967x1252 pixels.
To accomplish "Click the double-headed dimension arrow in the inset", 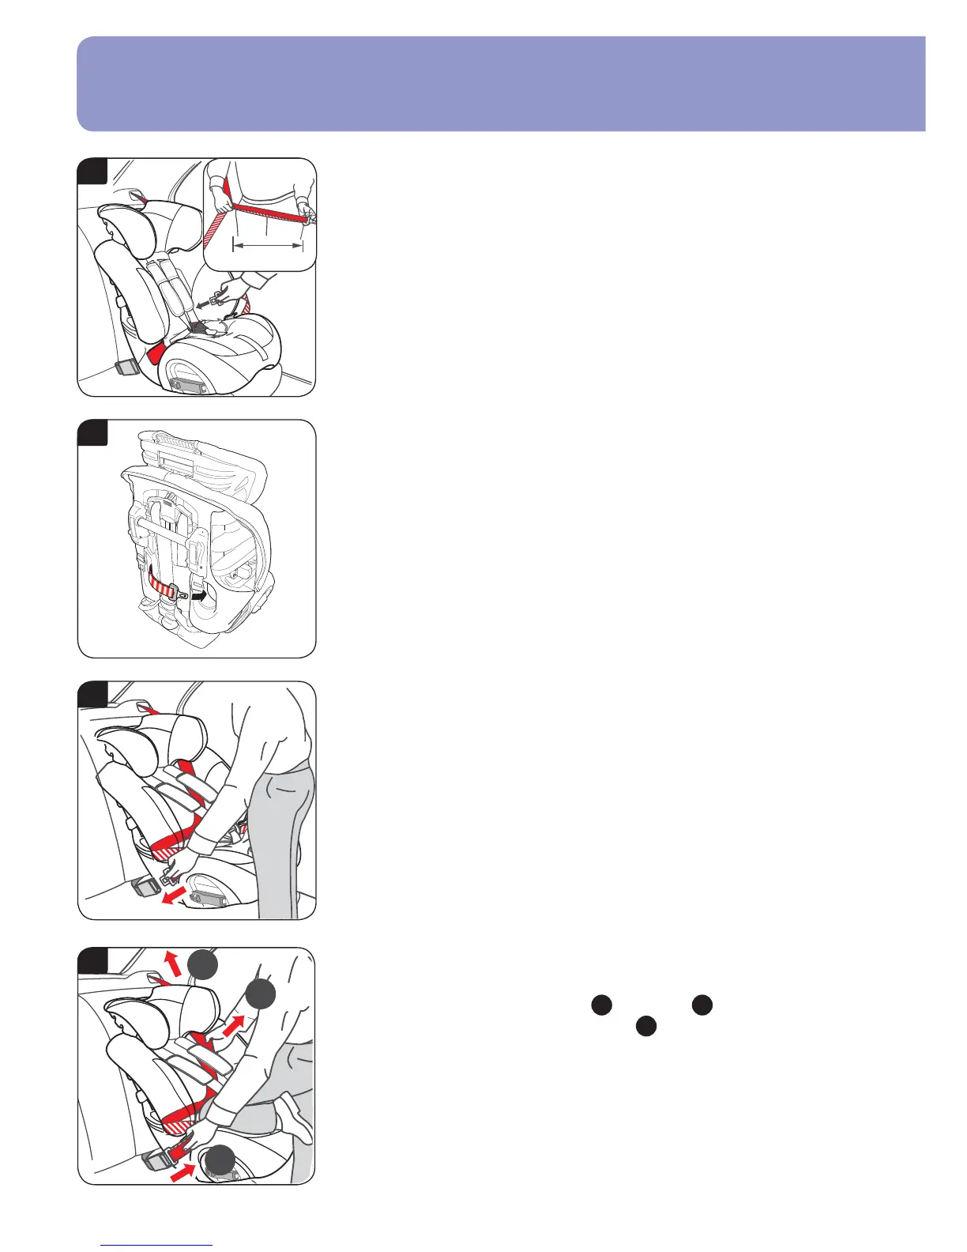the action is [268, 246].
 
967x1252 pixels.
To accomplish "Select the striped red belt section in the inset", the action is [220, 229].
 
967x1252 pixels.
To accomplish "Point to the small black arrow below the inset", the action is [207, 300].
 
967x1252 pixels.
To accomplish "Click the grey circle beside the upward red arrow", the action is [203, 966].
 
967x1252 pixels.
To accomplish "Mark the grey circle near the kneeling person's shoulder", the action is [260, 996].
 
